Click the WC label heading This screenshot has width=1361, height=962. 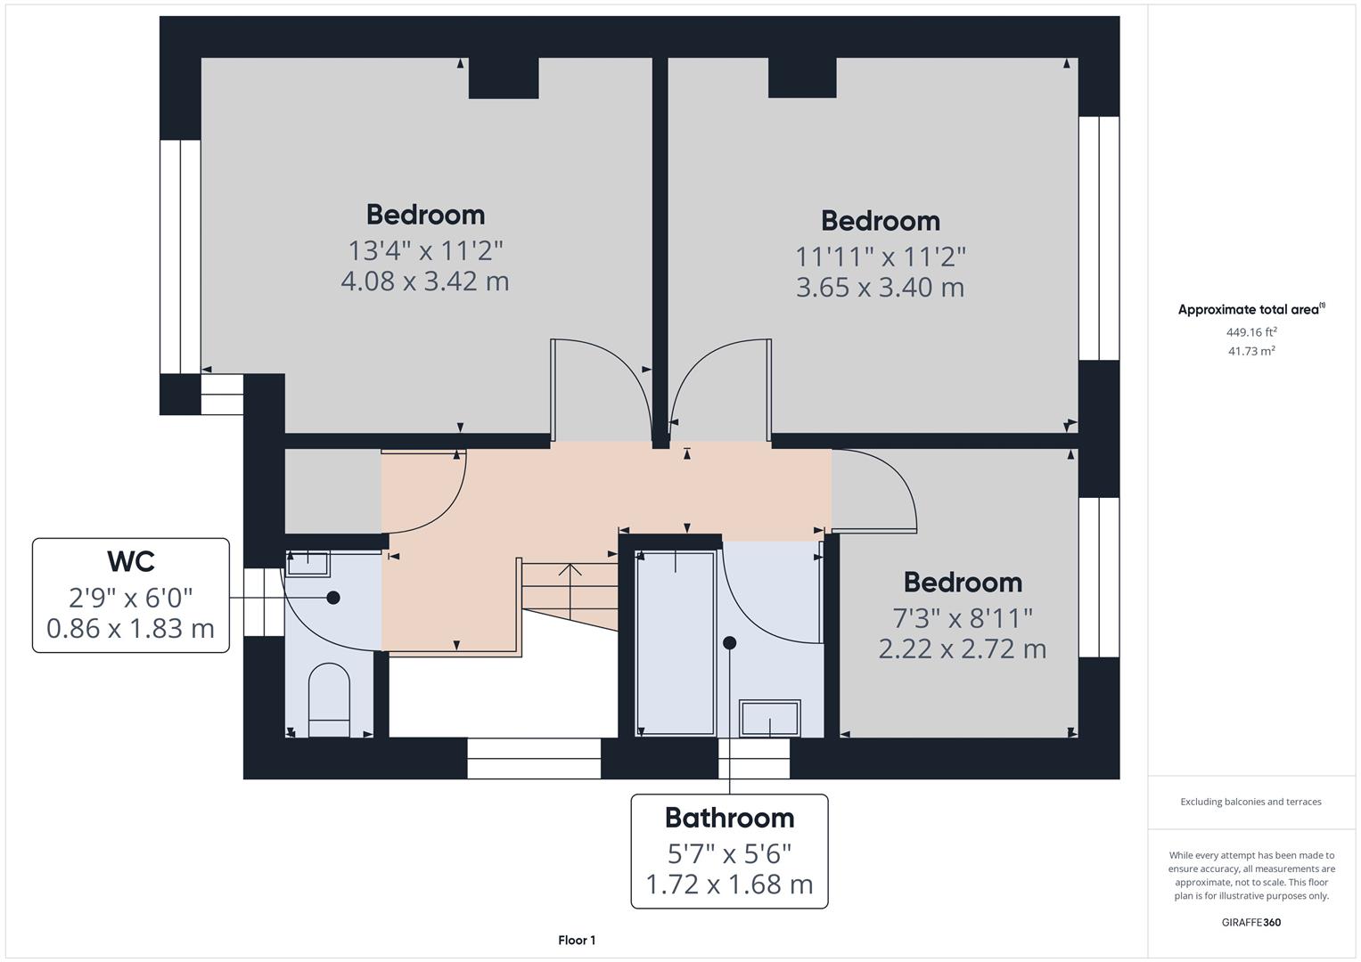pos(131,561)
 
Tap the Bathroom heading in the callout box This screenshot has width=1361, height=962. pos(729,818)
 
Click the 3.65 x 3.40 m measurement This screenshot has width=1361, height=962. pos(880,288)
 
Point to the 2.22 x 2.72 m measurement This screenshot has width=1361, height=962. pos(963,648)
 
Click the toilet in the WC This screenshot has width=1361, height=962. pos(328,700)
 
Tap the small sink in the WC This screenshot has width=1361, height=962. pos(308,563)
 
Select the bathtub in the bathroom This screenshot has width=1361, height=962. pos(676,643)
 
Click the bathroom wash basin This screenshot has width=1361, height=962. pos(769,718)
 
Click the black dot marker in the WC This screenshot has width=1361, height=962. pos(333,598)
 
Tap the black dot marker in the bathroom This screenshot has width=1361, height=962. pos(729,642)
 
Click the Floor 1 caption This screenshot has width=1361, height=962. pos(577,941)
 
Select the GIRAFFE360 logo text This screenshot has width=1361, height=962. pos(1250,922)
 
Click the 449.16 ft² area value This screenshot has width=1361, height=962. pos(1251,332)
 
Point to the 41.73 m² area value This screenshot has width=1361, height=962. pos(1251,351)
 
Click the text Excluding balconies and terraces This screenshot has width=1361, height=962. pos(1250,802)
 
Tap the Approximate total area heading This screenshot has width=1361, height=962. pos(1250,310)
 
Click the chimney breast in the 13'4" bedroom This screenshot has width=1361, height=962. pos(504,78)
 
